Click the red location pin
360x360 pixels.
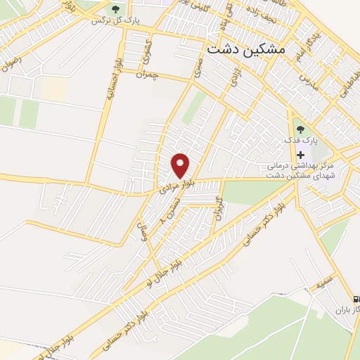[x=181, y=165]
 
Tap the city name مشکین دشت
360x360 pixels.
[x=246, y=51]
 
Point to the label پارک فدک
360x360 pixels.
[x=302, y=141]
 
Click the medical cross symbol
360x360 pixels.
[x=302, y=155]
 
